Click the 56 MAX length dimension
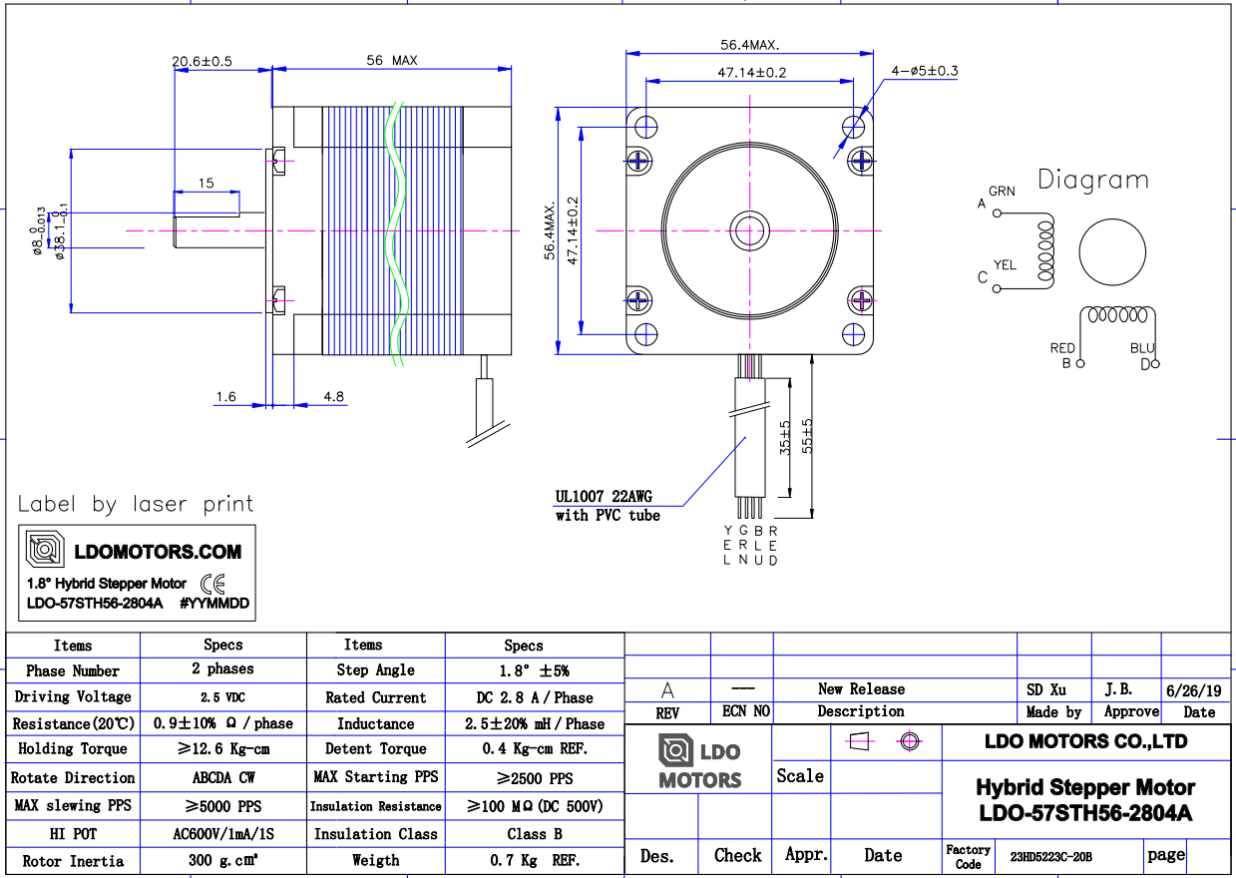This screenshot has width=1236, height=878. pos(391,61)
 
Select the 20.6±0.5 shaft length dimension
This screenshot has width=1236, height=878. pos(202,61)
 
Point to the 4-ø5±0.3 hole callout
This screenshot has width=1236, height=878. pos(924,71)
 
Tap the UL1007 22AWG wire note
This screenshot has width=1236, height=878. pos(604,496)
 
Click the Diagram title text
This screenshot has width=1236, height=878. pos(1092,181)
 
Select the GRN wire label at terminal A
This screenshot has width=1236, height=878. pos(1002,191)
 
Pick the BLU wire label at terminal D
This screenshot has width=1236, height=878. pos(1142,348)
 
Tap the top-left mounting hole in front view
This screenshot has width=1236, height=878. pos(645,127)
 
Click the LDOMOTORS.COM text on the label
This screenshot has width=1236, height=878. pos(158,552)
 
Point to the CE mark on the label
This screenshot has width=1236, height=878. pos(212,584)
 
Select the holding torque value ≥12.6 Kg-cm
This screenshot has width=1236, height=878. pos(222,749)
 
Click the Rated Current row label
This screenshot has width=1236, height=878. pos(375,697)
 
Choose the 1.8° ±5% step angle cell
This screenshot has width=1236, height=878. pos(523,671)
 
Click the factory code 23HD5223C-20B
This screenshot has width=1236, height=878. pos(1050,857)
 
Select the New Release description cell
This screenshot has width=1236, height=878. pos(861,689)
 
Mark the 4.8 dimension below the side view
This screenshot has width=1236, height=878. pos(333,397)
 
